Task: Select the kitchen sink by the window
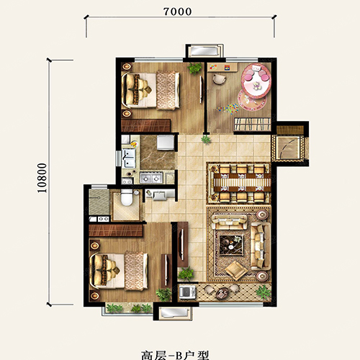(x=130, y=156)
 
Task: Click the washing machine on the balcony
(x=185, y=292)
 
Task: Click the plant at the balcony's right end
(x=263, y=292)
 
